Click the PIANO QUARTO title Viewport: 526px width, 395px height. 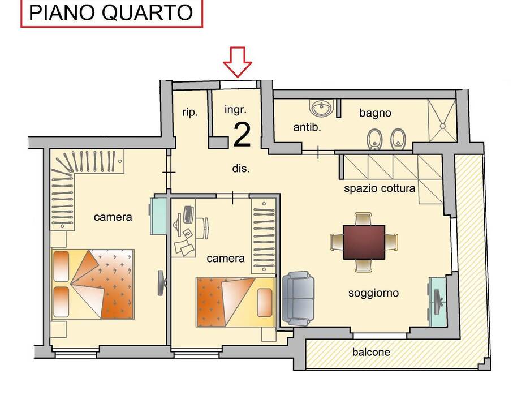pos(111,12)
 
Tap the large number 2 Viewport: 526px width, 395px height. pos(242,135)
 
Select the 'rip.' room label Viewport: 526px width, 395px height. pos(190,113)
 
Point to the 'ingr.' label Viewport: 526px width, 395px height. pos(235,110)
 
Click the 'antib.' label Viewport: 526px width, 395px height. pos(307,127)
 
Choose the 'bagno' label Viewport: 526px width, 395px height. pos(375,113)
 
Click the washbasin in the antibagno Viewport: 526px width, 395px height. pos(322,108)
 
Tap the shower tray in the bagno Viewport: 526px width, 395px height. pos(442,121)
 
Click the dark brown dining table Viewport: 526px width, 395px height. pos(364,242)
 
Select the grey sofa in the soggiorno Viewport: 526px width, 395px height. pos(298,299)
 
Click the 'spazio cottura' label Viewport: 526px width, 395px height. pos(380,188)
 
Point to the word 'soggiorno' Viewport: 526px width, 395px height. pos(373,293)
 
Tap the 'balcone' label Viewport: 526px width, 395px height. pos(371,352)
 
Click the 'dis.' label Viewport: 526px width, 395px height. pos(241,169)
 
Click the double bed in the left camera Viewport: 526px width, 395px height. pos(93,284)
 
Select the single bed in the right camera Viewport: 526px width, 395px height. pos(235,302)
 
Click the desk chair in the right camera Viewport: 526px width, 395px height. pos(202,228)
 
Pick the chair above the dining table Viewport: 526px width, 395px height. pos(363,219)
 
